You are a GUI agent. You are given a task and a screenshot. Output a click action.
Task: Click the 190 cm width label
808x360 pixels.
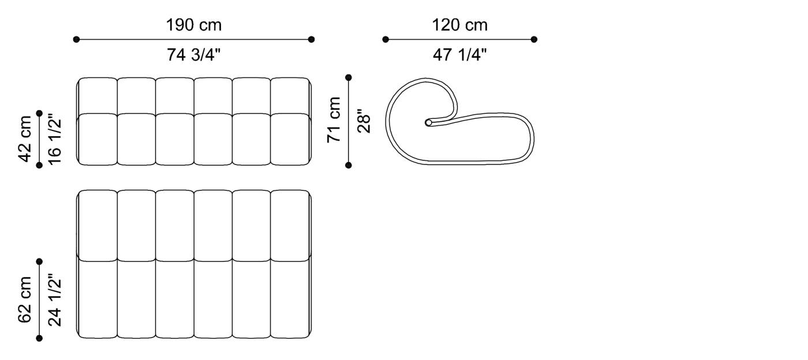[x=194, y=25]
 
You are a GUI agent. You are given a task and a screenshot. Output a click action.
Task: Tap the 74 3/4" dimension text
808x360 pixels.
[x=194, y=55]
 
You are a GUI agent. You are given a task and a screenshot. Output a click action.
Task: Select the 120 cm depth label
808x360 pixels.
[x=459, y=25]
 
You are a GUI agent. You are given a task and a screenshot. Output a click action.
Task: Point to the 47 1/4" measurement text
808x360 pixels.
[x=459, y=55]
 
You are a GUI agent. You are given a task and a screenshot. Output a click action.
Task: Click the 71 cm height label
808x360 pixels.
[x=334, y=120]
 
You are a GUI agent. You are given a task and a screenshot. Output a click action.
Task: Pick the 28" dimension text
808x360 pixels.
[x=364, y=121]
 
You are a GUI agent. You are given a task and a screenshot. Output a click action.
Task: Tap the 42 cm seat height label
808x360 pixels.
[x=25, y=139]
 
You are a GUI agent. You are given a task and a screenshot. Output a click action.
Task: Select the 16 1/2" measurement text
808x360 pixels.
[x=55, y=140]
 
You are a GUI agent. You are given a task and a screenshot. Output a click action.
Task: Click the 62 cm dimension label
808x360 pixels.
[x=25, y=300]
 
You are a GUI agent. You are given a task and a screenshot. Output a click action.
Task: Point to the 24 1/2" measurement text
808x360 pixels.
[x=55, y=300]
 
